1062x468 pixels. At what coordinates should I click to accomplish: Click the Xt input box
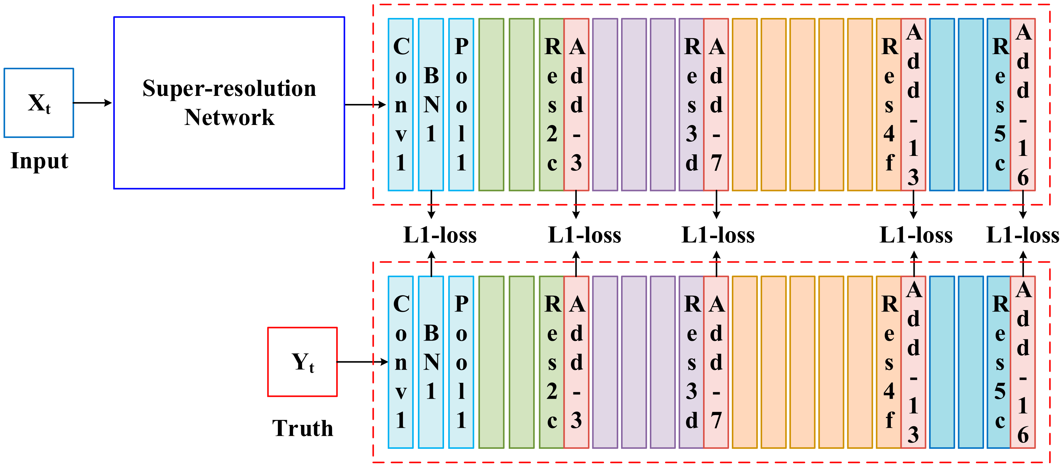[x=39, y=103]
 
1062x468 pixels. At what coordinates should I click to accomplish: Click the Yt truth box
[x=302, y=362]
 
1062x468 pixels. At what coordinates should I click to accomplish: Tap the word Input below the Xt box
[x=39, y=161]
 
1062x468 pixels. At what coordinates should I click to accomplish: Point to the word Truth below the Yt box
[x=303, y=428]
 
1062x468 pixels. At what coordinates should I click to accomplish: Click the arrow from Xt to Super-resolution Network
[x=92, y=103]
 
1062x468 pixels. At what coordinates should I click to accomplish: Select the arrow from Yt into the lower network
[x=362, y=362]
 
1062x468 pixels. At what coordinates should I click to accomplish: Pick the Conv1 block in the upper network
[x=400, y=105]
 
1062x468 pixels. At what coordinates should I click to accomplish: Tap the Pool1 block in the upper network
[x=461, y=105]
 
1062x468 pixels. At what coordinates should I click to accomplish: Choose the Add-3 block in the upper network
[x=576, y=105]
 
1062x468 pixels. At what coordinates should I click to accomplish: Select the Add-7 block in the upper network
[x=716, y=105]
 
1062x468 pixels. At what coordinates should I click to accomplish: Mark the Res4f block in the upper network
[x=889, y=105]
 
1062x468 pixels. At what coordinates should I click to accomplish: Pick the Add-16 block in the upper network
[x=1022, y=105]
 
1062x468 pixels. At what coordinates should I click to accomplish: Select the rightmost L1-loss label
[x=1022, y=235]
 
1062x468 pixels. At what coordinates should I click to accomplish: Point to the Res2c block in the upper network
[x=552, y=105]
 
